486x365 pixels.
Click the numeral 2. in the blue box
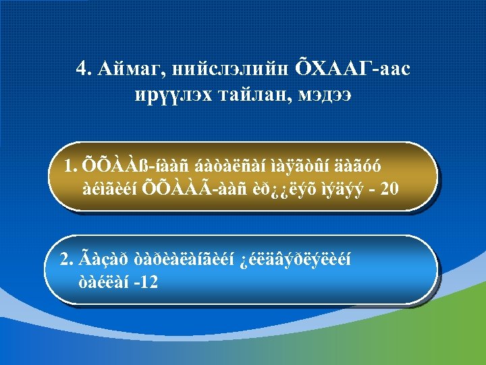click(66, 258)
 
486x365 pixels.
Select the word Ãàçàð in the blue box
click(101, 258)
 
